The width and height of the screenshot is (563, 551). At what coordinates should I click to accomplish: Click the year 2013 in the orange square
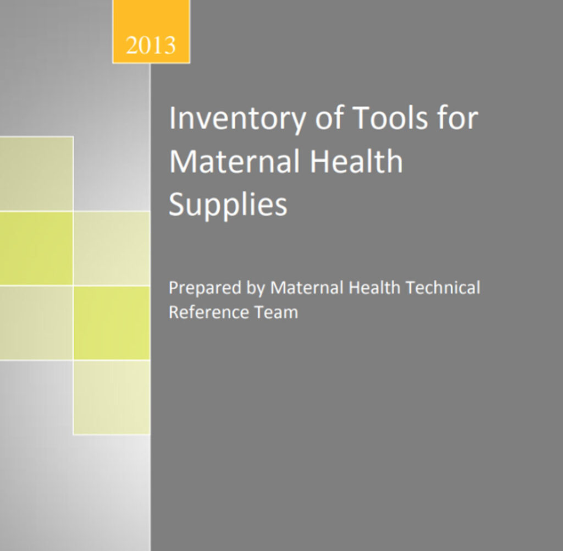pos(151,45)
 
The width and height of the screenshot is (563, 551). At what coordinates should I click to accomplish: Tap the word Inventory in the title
pos(238,119)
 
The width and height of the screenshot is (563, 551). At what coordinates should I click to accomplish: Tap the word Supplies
pos(228,205)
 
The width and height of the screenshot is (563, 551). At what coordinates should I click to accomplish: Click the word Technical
pos(443,288)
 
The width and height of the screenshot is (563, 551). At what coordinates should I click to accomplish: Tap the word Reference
pos(208,312)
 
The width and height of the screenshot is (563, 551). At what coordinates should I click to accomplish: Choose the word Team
pos(276,312)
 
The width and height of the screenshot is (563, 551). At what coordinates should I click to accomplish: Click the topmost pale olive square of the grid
pos(36,173)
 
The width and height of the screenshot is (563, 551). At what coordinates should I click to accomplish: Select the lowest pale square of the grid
pos(112,397)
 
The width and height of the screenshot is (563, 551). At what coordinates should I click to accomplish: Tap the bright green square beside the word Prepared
pos(112,323)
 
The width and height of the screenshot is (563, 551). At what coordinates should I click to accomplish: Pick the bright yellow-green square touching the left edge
pos(36,248)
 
